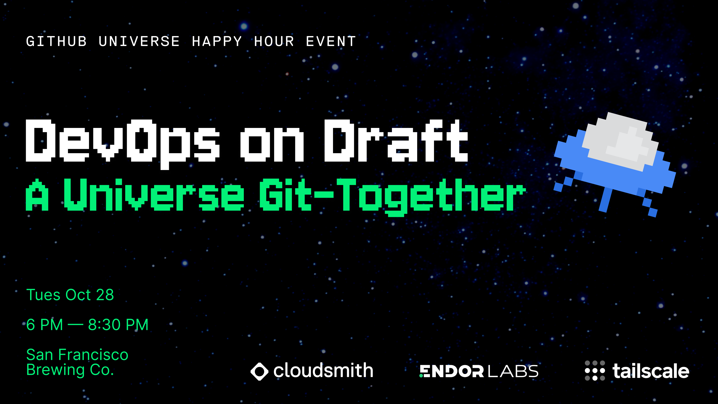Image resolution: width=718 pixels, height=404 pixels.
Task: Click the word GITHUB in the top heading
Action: pos(56,42)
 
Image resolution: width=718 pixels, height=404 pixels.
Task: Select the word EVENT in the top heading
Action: pos(331,42)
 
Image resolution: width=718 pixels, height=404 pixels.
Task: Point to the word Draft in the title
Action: pos(396,141)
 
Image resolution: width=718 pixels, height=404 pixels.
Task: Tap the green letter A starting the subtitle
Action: pos(37,195)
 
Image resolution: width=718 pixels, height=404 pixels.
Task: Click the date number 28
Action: pos(105,295)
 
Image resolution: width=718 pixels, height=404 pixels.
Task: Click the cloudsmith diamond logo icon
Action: pos(259,371)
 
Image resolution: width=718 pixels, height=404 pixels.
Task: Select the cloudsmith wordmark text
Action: pos(323,371)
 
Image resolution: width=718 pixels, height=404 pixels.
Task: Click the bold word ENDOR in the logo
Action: pos(452,371)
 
